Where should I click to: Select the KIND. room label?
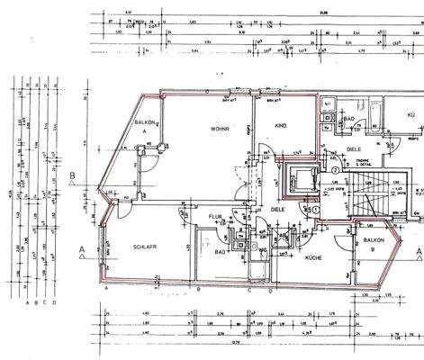point(281,125)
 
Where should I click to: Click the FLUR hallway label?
point(216,217)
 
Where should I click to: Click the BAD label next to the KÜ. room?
point(349,118)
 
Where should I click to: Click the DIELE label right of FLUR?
point(278,210)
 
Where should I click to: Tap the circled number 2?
point(334,169)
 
